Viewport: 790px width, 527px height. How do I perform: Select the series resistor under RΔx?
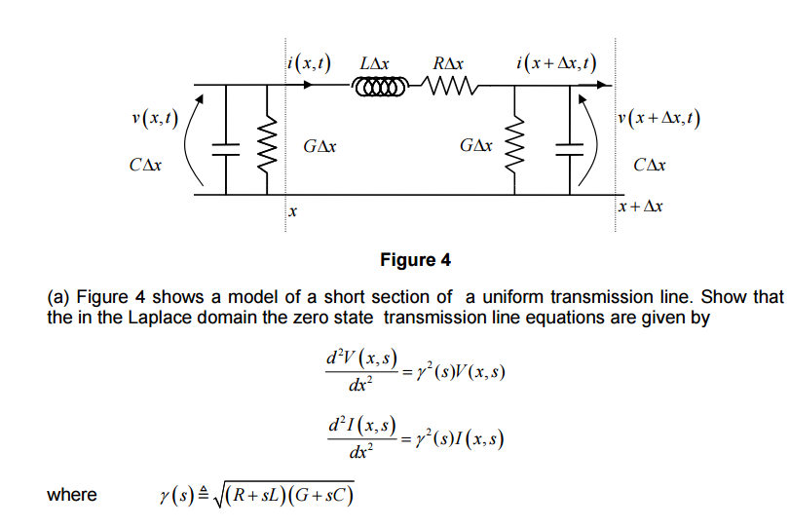[x=449, y=91]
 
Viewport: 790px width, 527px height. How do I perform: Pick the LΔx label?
[x=375, y=64]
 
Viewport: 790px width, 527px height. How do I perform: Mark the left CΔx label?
[x=145, y=166]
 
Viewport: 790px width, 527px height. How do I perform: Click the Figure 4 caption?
[x=414, y=260]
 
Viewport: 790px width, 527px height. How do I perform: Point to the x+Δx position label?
[x=643, y=207]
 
